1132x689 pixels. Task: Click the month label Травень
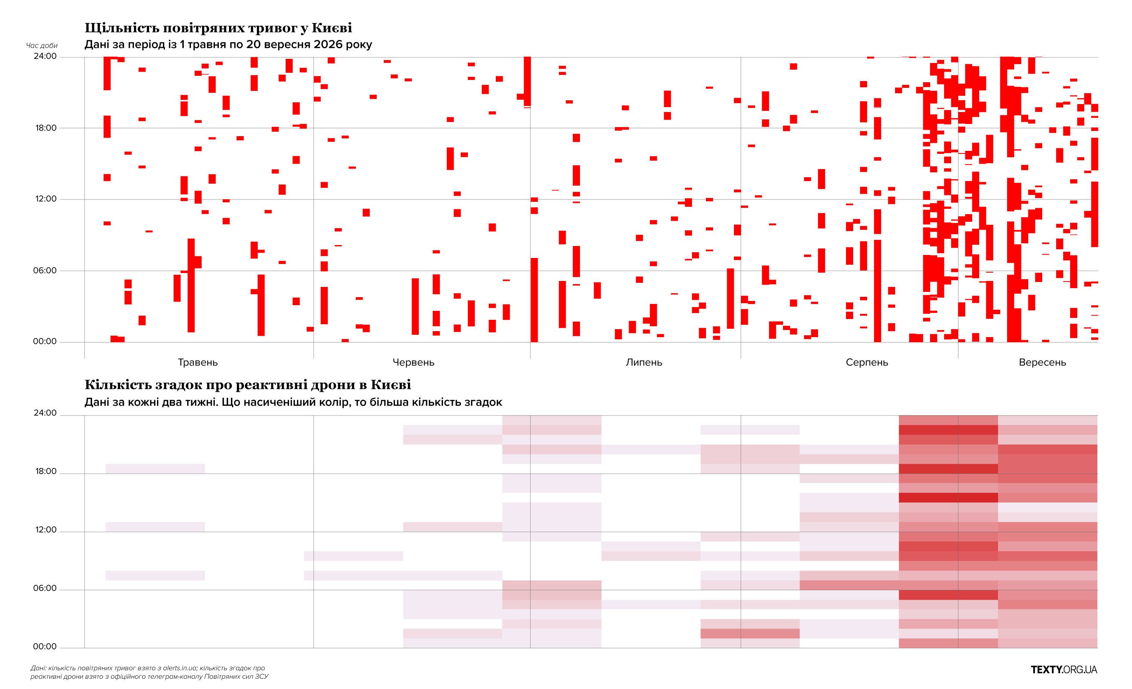[x=198, y=362]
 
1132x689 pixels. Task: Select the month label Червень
[x=413, y=362]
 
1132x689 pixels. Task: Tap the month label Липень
[x=644, y=362]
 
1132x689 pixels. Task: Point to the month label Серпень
[x=866, y=362]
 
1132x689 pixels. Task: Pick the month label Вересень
[x=1042, y=362]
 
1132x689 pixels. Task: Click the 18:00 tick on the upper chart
[x=46, y=127]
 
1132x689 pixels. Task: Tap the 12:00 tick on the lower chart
[x=46, y=530]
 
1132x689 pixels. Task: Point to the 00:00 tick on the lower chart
[x=45, y=646]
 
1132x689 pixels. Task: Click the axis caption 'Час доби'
[x=42, y=46]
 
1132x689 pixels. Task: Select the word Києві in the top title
[x=332, y=28]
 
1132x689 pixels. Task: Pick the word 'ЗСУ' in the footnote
[x=261, y=677]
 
